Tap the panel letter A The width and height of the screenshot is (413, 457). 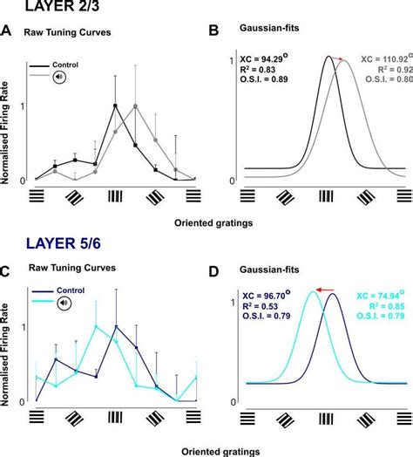[x=7, y=32]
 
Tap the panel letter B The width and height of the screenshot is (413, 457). [x=215, y=32]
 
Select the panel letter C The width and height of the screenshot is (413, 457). [x=7, y=271]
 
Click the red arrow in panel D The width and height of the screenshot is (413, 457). [x=328, y=290]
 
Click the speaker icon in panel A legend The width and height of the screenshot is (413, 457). [x=61, y=77]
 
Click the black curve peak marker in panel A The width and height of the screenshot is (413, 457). [x=115, y=106]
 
